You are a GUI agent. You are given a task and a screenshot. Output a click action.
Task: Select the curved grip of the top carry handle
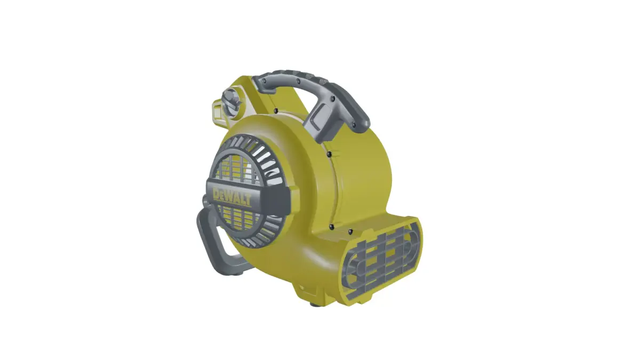pos(299,78)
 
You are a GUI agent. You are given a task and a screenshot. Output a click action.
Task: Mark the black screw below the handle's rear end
pos(275,110)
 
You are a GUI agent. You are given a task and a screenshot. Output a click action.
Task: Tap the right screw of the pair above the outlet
pos(350,231)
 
